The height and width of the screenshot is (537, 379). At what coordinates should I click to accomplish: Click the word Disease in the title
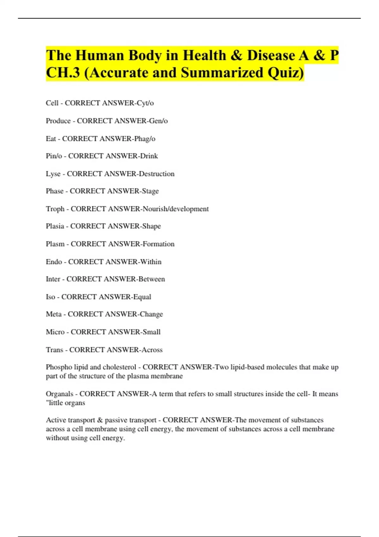[x=271, y=56]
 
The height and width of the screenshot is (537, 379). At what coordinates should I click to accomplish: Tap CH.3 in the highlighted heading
[x=63, y=73]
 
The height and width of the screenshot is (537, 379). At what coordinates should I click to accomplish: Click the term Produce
[x=58, y=121]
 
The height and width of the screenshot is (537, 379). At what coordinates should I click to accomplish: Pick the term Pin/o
[x=54, y=156]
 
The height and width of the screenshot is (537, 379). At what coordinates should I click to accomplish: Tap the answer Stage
[x=150, y=191]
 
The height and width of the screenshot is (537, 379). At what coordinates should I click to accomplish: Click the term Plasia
[x=55, y=226]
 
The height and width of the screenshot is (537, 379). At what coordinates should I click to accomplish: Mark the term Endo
[x=54, y=262]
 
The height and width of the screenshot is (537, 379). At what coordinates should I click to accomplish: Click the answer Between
[x=152, y=279]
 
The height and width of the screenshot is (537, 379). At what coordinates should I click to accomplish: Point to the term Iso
[x=51, y=297]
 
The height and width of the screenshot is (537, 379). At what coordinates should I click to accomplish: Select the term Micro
[x=55, y=332]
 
